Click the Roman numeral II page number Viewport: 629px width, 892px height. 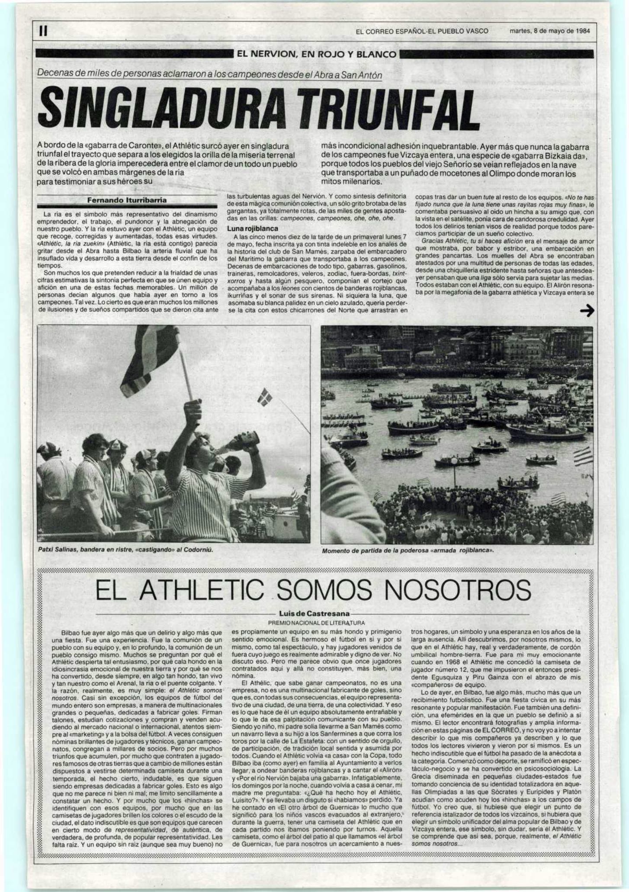point(42,31)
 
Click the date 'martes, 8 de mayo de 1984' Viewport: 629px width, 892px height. point(549,31)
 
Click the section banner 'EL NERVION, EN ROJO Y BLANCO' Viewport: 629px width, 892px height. point(316,55)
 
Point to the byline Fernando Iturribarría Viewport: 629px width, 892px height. point(127,200)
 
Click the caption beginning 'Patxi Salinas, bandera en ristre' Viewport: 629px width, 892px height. point(126,550)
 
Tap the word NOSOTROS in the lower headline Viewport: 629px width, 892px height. point(456,589)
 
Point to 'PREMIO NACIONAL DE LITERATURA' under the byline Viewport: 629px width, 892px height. point(316,623)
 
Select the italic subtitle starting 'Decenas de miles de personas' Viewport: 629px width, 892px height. point(210,74)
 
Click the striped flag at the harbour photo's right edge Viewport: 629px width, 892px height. point(583,457)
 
